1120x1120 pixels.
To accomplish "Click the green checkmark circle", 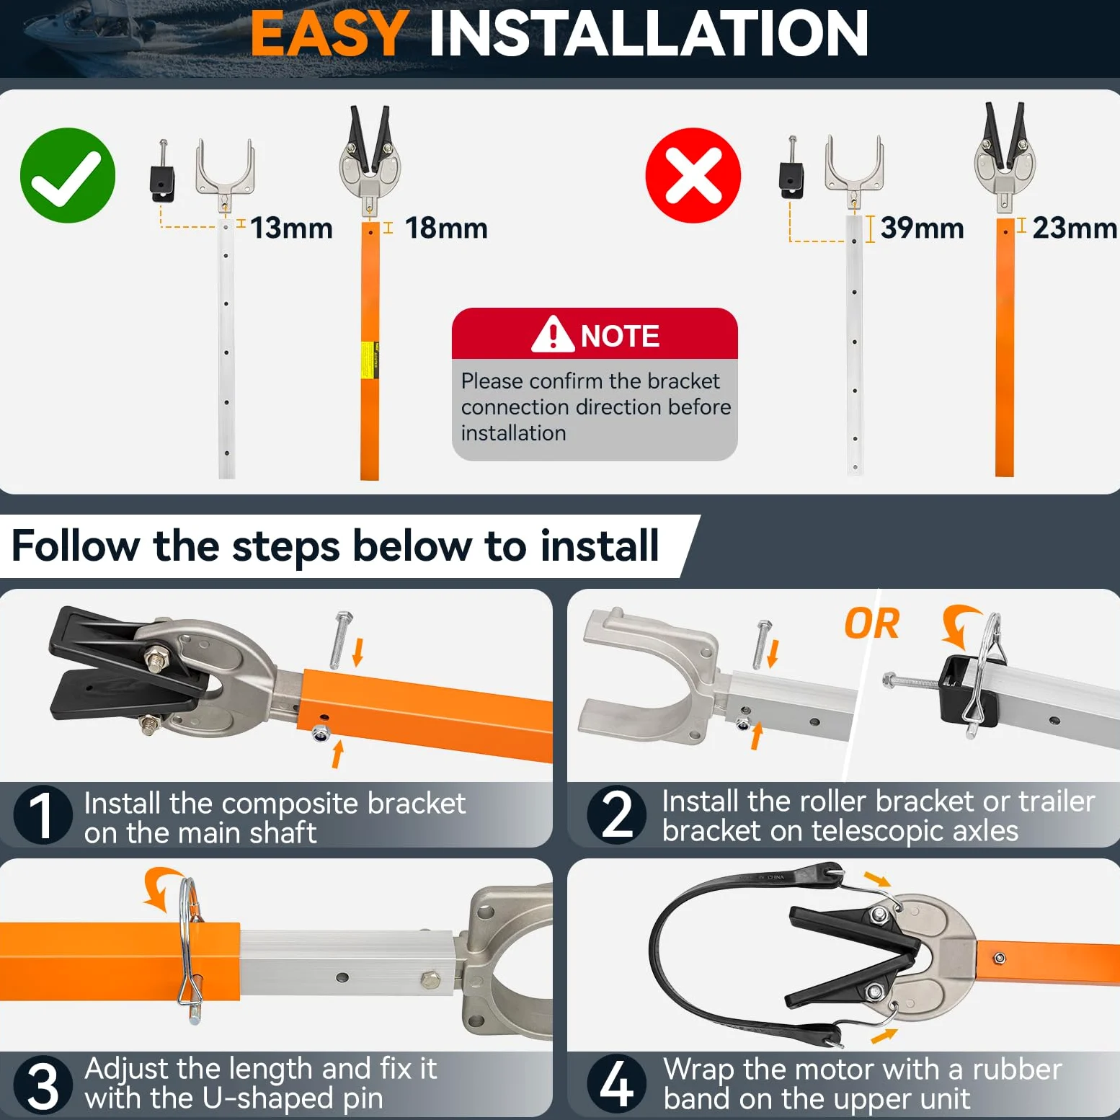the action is pos(68,175).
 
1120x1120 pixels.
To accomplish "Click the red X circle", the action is pos(693,175).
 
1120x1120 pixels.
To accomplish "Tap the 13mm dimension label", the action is pos(291,228).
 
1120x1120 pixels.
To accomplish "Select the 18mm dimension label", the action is pos(446,228).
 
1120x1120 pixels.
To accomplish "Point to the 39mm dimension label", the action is pos(923,228).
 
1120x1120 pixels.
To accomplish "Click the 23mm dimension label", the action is pos(1075,228).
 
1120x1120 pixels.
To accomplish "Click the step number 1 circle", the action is pos(43,815).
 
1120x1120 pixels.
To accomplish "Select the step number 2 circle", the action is pos(617,815).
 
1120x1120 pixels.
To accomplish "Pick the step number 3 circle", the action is pos(43,1085).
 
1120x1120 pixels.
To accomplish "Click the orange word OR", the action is pos(872,623).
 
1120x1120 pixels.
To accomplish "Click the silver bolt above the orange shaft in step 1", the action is pos(341,639).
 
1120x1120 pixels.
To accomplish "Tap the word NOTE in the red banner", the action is pos(620,336).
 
